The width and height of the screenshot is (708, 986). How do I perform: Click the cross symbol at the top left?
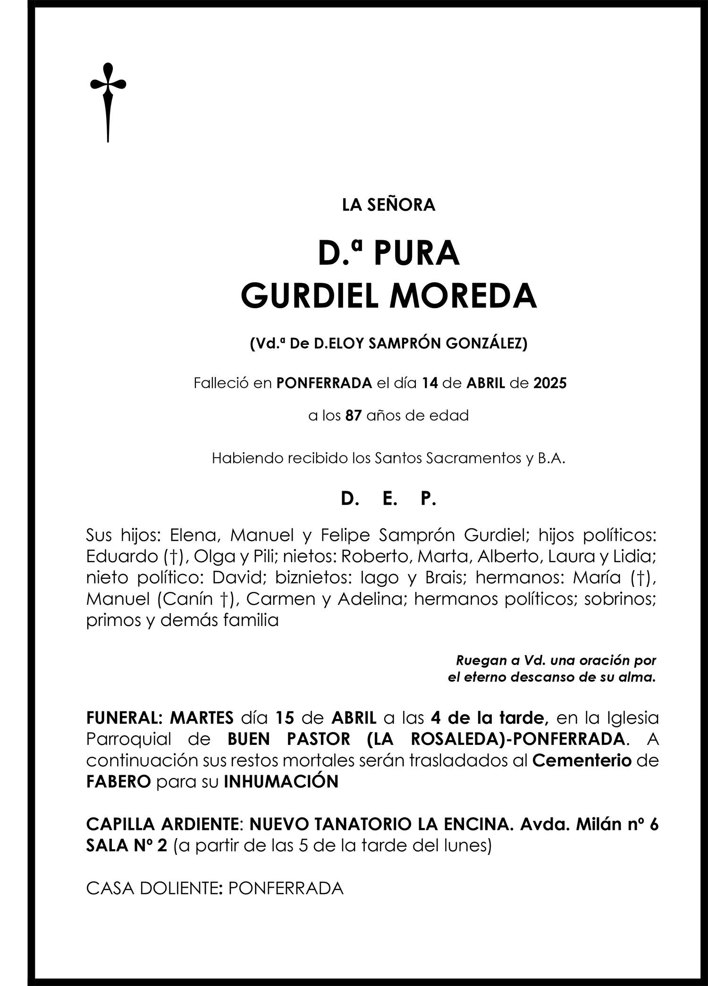pyautogui.click(x=108, y=101)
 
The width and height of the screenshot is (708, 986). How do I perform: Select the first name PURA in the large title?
pyautogui.click(x=416, y=254)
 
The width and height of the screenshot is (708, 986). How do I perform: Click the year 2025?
pyautogui.click(x=550, y=383)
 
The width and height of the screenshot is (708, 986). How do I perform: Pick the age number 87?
pyautogui.click(x=354, y=416)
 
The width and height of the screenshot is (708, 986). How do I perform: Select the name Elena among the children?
pyautogui.click(x=194, y=535)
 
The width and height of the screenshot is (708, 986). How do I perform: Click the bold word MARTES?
pyautogui.click(x=202, y=718)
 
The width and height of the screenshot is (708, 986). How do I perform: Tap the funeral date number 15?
pyautogui.click(x=285, y=718)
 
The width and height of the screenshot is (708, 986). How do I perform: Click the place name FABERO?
pyautogui.click(x=118, y=782)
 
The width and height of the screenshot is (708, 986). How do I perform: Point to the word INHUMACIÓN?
pyautogui.click(x=281, y=782)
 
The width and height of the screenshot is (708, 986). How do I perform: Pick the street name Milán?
pyautogui.click(x=592, y=824)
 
